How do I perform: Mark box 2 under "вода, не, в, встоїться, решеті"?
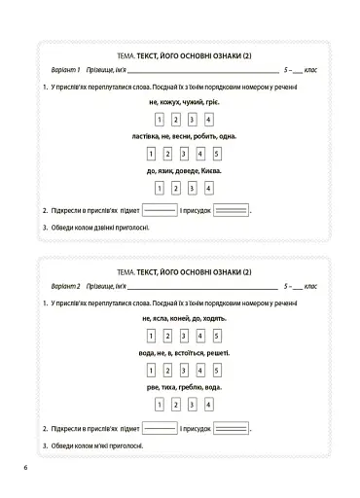[168, 371]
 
